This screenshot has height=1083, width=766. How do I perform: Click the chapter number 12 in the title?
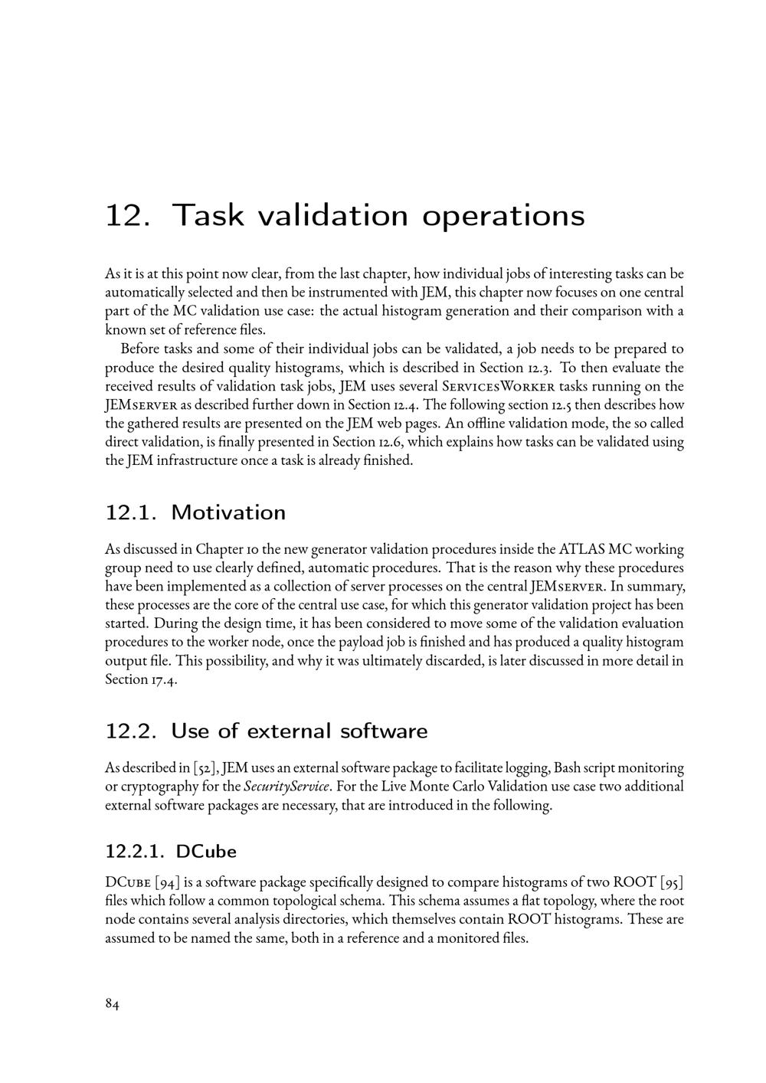pyautogui.click(x=125, y=215)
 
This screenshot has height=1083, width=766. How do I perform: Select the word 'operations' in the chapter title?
pyautogui.click(x=503, y=217)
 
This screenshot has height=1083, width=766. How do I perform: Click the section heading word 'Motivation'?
pyautogui.click(x=228, y=512)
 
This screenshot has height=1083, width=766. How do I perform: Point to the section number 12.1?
pyautogui.click(x=130, y=512)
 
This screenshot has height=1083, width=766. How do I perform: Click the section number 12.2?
pyautogui.click(x=130, y=731)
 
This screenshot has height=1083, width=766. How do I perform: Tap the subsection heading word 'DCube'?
pyautogui.click(x=206, y=851)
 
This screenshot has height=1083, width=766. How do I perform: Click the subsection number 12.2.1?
pyautogui.click(x=133, y=851)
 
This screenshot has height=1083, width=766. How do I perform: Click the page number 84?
pyautogui.click(x=112, y=1005)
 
